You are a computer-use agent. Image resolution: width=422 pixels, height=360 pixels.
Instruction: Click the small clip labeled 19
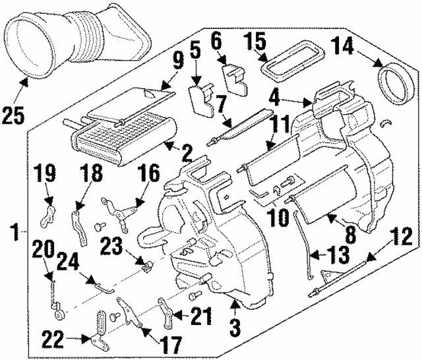click(49, 214)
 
